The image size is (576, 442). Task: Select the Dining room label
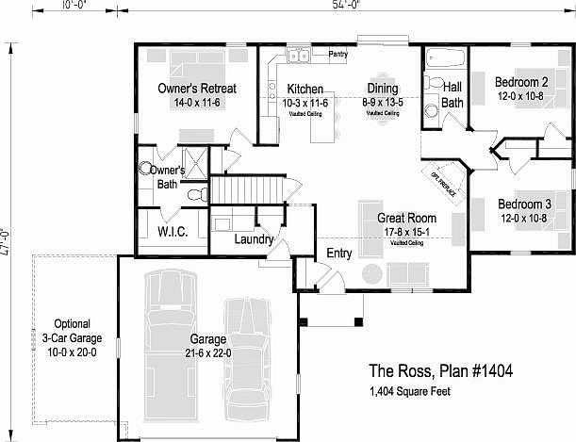click(x=382, y=89)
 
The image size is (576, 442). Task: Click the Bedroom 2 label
click(x=523, y=81)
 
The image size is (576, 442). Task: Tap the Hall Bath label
click(x=453, y=94)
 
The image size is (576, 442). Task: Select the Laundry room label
click(x=253, y=240)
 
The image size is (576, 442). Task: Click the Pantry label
click(x=337, y=55)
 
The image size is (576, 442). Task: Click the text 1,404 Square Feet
click(x=409, y=390)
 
